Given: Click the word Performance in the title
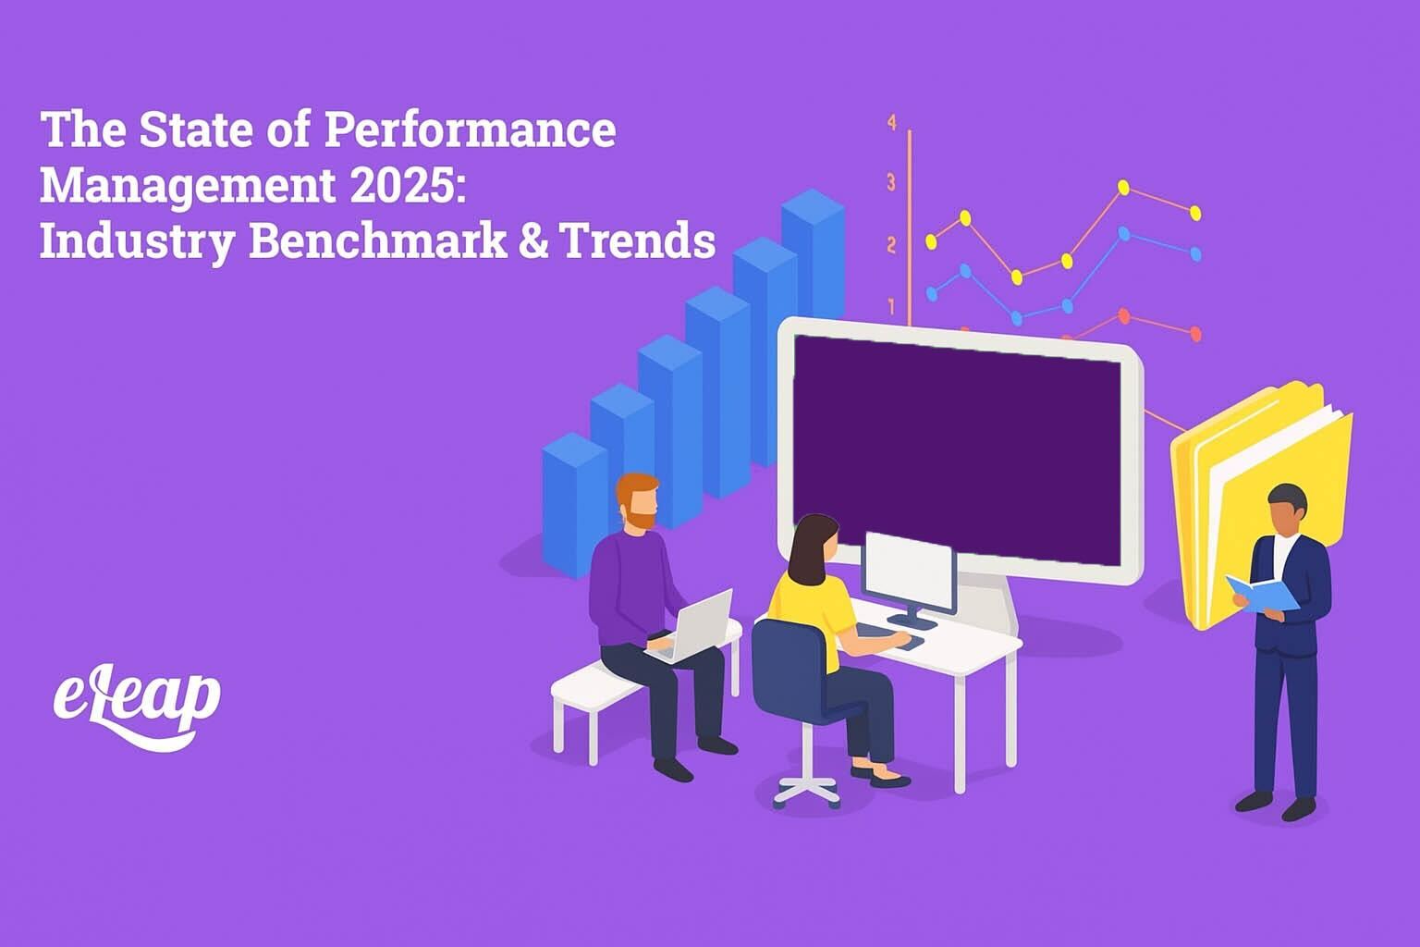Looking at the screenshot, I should (469, 130).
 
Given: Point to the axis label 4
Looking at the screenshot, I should (892, 123).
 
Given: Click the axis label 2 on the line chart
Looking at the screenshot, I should (892, 245).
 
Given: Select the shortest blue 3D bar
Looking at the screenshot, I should (573, 504).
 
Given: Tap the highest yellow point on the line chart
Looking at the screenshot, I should (1123, 188).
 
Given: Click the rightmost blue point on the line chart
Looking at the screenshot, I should (1195, 252).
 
